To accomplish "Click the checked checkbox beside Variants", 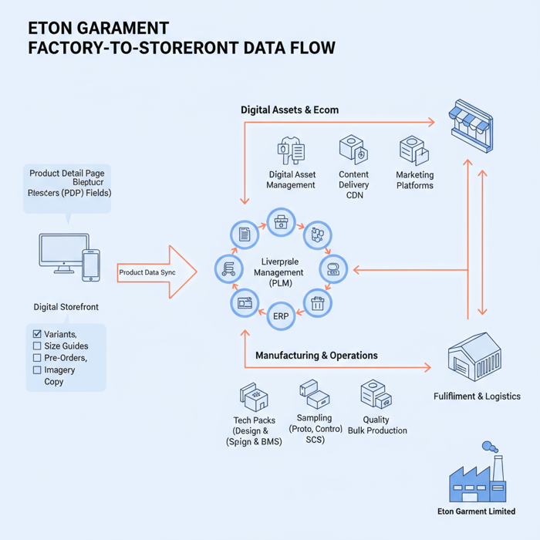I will click(37, 334).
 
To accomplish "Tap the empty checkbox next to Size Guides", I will click(37, 346).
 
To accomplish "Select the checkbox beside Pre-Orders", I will click(37, 358).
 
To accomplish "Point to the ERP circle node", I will click(281, 316).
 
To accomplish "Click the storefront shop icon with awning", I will click(472, 121).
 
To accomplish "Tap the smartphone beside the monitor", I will click(91, 264).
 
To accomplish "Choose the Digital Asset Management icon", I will click(292, 151).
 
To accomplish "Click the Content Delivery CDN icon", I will click(353, 150).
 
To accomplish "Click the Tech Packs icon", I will click(254, 397).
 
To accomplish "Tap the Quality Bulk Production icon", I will click(376, 395).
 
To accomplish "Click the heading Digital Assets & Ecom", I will click(289, 110).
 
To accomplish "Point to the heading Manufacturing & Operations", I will click(316, 356).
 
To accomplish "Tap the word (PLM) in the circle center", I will click(281, 283).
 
